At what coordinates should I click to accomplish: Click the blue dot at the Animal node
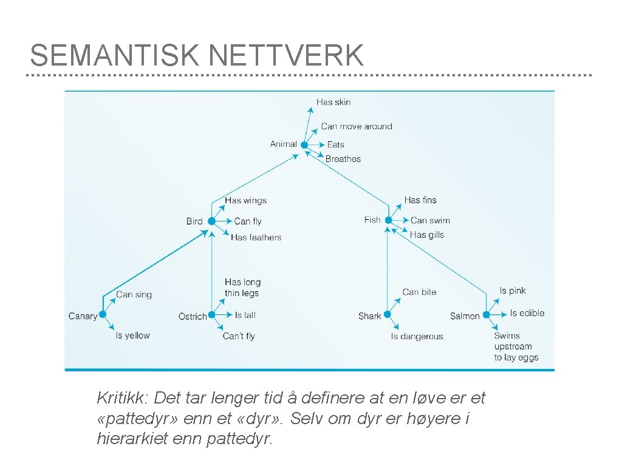click(x=304, y=145)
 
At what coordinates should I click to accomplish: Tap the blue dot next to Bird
click(x=211, y=221)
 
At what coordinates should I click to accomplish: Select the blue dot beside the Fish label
click(x=388, y=220)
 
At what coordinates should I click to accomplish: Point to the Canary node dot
click(x=103, y=314)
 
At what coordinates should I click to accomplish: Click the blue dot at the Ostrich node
click(x=211, y=315)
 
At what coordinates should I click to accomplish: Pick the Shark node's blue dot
click(x=387, y=314)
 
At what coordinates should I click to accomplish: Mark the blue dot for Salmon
click(x=486, y=314)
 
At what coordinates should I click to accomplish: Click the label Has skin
click(x=333, y=102)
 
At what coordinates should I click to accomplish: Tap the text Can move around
click(x=357, y=126)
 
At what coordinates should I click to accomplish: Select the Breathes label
click(x=343, y=159)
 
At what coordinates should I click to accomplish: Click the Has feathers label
click(x=256, y=237)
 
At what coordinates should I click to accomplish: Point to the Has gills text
click(x=427, y=235)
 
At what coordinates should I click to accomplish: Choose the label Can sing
click(x=134, y=294)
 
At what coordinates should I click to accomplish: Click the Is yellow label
click(x=132, y=335)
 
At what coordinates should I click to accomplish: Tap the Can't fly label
click(x=239, y=336)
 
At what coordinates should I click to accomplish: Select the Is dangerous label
click(x=417, y=336)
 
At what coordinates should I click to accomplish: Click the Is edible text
click(x=527, y=313)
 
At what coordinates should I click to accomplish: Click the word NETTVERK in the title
click(x=286, y=56)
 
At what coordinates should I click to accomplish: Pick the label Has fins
click(x=420, y=200)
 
